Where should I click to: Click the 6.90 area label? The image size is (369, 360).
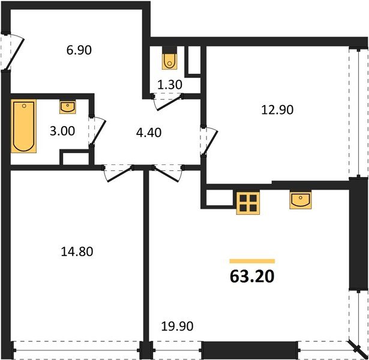tap(79, 51)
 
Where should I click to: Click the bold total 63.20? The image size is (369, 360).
tap(251, 278)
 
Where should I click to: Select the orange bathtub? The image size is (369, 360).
tap(24, 126)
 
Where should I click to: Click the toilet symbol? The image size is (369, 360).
tap(170, 59)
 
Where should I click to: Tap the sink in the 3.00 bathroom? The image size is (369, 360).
tap(68, 107)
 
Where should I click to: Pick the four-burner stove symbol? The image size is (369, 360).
tap(247, 203)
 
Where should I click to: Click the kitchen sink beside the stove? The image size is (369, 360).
tap(300, 200)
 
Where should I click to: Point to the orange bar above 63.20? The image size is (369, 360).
tap(252, 262)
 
